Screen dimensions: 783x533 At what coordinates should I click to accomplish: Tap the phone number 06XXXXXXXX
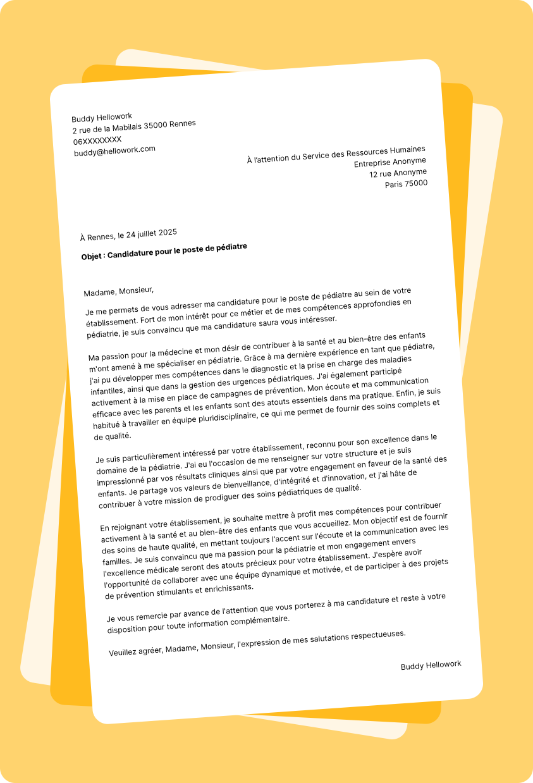(97, 140)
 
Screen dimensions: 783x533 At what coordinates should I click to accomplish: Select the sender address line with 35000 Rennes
(134, 126)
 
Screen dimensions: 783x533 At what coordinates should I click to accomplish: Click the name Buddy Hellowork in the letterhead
(102, 117)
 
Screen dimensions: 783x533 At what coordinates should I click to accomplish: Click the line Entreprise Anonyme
(389, 162)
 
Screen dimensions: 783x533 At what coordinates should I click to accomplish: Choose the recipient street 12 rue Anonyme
(398, 173)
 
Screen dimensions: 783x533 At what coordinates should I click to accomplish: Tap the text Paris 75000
(406, 184)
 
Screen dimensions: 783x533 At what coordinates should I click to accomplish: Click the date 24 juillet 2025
(151, 233)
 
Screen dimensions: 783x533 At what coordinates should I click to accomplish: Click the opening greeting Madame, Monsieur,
(119, 291)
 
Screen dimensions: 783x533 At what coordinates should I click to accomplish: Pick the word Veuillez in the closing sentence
(126, 652)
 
